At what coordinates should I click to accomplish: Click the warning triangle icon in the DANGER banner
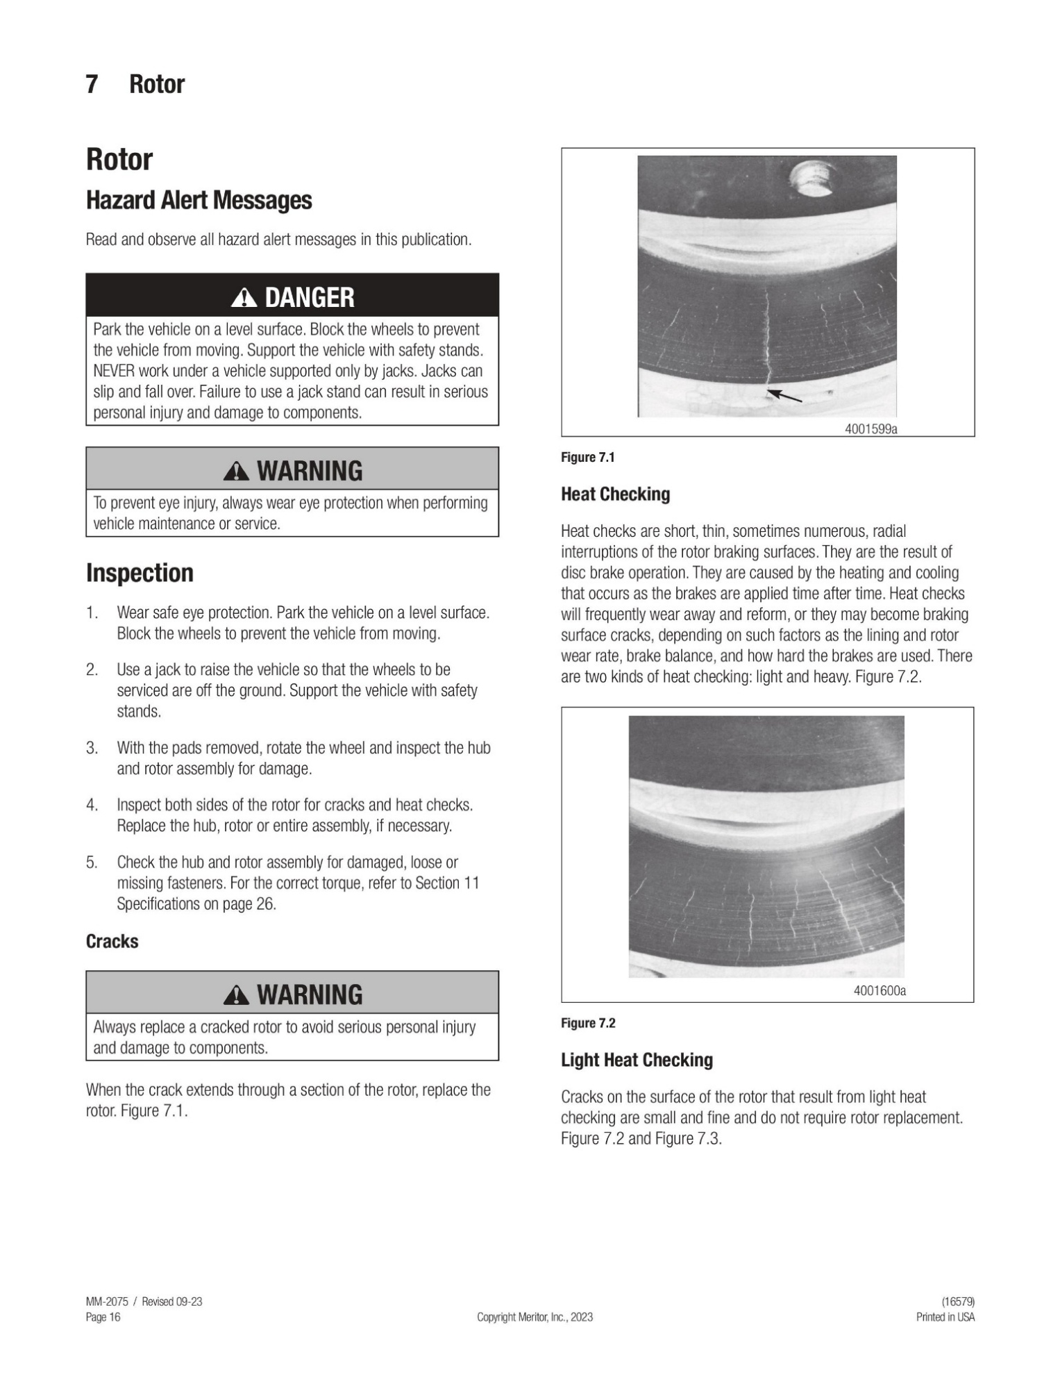tap(244, 298)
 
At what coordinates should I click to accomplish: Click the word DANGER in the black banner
tap(310, 298)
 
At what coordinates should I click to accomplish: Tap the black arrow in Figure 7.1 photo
tap(785, 396)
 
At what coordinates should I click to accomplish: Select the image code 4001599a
tap(870, 429)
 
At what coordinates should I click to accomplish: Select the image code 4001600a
tap(879, 990)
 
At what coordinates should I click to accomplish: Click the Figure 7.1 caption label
tap(587, 457)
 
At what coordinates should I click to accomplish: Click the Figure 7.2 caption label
tap(587, 1023)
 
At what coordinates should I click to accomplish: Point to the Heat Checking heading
tap(615, 494)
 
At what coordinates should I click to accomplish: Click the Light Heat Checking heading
tap(637, 1060)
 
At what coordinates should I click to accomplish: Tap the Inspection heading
tap(140, 573)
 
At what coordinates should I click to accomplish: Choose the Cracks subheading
tap(112, 941)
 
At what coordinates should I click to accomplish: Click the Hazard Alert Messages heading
tap(199, 200)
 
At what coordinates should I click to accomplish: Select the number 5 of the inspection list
tap(92, 863)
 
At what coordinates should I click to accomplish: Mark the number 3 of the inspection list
tap(92, 748)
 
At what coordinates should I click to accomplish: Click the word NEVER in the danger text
tap(113, 371)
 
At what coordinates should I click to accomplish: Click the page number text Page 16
tap(103, 1317)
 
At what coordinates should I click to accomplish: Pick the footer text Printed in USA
tap(945, 1317)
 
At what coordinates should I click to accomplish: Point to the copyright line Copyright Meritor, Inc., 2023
tap(535, 1317)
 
